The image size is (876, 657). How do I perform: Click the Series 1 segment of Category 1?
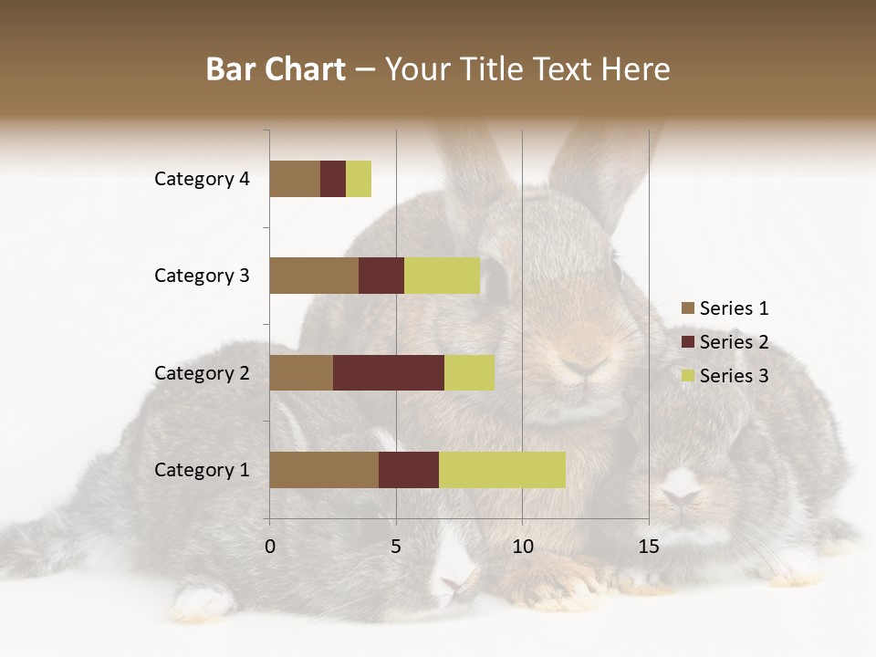pyautogui.click(x=324, y=470)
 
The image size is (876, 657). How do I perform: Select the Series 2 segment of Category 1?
pyautogui.click(x=409, y=470)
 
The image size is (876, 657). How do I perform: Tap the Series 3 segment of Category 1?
pyautogui.click(x=502, y=470)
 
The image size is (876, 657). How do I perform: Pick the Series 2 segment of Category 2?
pyautogui.click(x=389, y=372)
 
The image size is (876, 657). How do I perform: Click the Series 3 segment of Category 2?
pyautogui.click(x=469, y=372)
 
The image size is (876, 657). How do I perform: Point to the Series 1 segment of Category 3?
pyautogui.click(x=314, y=276)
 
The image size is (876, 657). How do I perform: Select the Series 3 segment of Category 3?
pyautogui.click(x=442, y=276)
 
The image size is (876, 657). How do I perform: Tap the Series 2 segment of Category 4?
pyautogui.click(x=333, y=179)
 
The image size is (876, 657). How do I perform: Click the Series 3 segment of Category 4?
pyautogui.click(x=359, y=179)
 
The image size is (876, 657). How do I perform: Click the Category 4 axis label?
pyautogui.click(x=202, y=179)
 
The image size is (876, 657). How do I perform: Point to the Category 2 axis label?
pyautogui.click(x=202, y=372)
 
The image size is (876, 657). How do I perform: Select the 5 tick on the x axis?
pyautogui.click(x=396, y=547)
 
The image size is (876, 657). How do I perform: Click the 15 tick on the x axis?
pyautogui.click(x=649, y=547)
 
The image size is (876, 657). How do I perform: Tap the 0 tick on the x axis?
pyautogui.click(x=270, y=547)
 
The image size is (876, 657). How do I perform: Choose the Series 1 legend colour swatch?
pyautogui.click(x=687, y=308)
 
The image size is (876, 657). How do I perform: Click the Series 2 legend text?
pyautogui.click(x=734, y=342)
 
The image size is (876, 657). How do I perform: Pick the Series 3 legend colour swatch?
pyautogui.click(x=687, y=376)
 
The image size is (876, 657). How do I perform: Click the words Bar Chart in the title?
pyautogui.click(x=276, y=69)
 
